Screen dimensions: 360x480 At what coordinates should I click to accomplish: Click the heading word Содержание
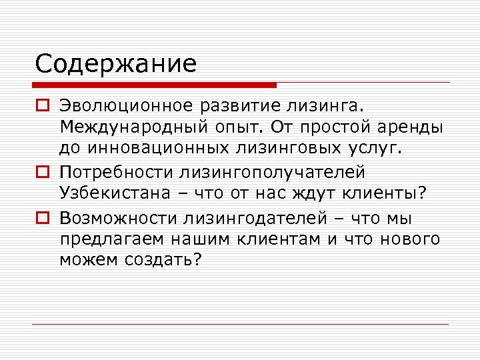tap(116, 64)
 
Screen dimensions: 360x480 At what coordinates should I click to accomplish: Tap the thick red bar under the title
tap(155, 85)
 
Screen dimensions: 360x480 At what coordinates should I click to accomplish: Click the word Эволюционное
tap(126, 106)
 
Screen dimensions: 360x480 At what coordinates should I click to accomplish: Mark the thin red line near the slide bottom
tap(240, 325)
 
